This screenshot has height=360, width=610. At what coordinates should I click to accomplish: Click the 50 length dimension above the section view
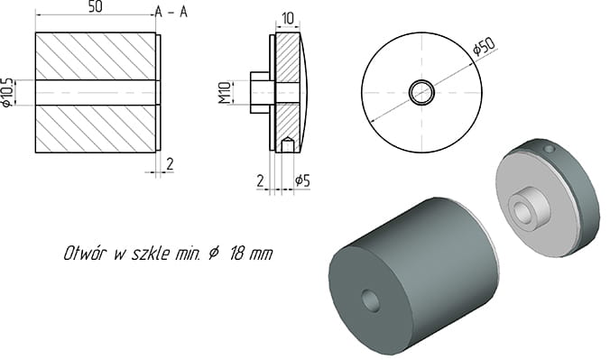96,7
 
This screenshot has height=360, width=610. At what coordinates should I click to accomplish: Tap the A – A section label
171,13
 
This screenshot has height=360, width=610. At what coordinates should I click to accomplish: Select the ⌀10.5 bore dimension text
7,93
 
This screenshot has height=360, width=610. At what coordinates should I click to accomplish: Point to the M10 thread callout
225,93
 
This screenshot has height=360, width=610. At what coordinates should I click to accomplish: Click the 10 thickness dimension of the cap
287,18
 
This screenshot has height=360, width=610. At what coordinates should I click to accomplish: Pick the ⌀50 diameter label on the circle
484,45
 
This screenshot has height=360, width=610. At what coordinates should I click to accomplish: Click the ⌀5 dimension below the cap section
302,180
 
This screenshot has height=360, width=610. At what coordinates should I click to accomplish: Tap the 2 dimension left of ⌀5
260,180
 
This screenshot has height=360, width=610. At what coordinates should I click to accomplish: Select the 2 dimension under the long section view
170,164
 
